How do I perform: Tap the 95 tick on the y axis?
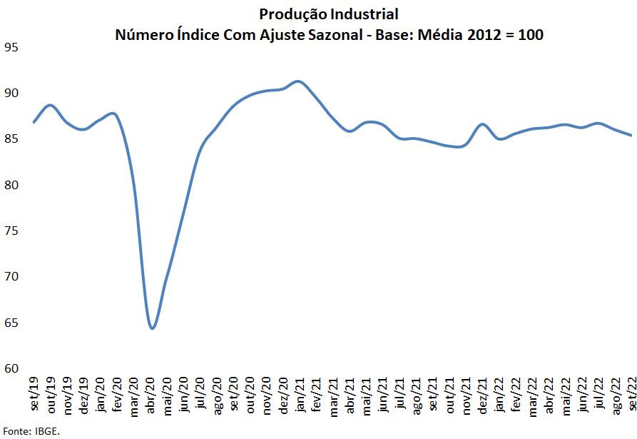click(11, 48)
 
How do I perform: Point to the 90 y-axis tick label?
click(11, 94)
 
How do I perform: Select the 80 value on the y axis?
click(11, 186)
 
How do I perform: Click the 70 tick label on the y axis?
click(11, 277)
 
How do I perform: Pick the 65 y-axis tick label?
click(11, 323)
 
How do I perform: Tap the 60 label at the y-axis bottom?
click(11, 368)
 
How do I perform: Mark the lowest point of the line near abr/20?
click(152, 328)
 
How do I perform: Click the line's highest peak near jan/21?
click(298, 81)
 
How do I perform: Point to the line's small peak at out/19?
click(50, 105)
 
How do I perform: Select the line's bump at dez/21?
click(483, 124)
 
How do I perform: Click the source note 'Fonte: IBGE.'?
click(31, 431)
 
